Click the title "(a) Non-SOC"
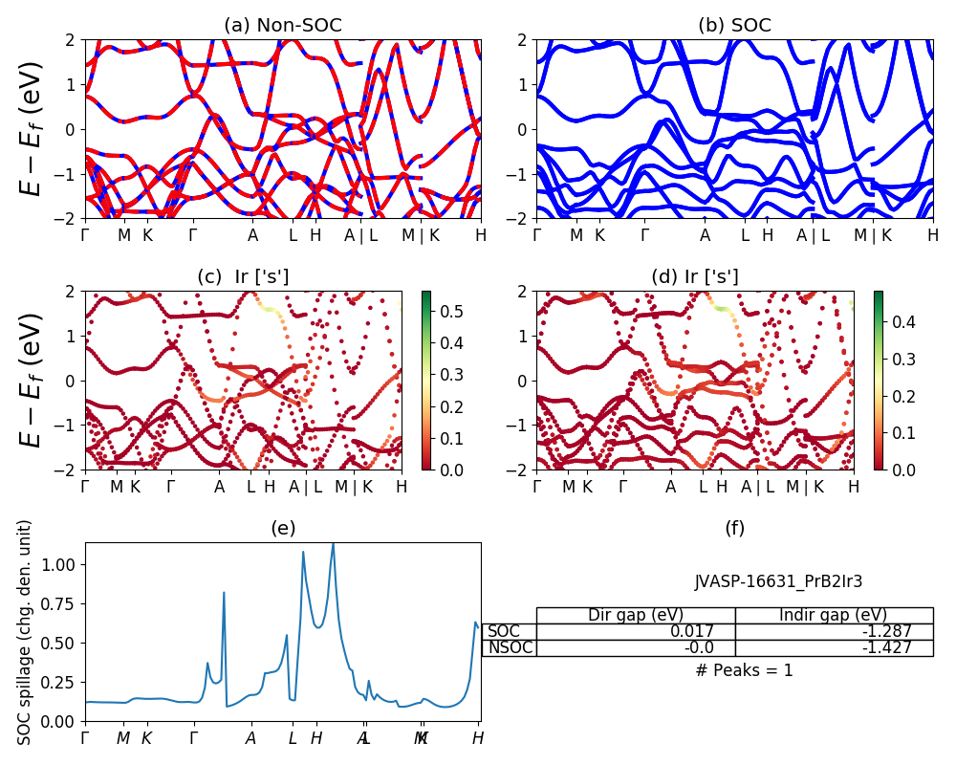coord(282,26)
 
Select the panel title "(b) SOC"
coord(734,26)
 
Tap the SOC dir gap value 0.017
coord(701,631)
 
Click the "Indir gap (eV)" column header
coord(834,615)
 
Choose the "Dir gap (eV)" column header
coord(636,615)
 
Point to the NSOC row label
coord(510,647)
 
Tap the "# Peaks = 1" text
coord(745,670)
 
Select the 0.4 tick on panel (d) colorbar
coord(902,322)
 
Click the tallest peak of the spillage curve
coord(333,544)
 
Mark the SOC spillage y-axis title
coord(26,632)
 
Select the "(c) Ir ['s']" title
coord(243,277)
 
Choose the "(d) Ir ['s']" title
coord(695,277)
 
